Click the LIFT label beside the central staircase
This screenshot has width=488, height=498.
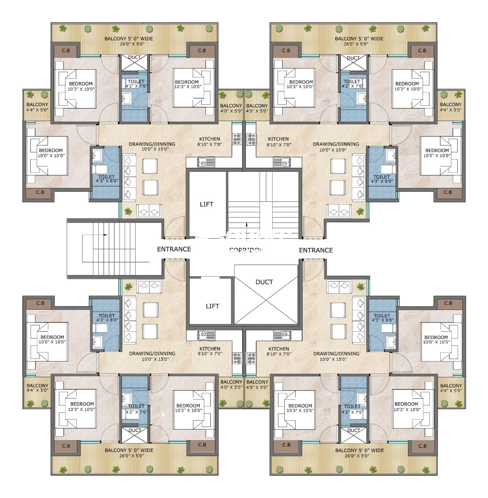coord(206,204)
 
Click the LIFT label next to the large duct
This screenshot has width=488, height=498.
coord(212,306)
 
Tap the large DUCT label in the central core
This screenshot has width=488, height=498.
coord(264,282)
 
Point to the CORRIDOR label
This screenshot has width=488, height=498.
coord(246,250)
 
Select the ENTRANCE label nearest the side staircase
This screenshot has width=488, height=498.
coord(174,249)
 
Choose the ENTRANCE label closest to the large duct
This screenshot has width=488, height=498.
coord(316,250)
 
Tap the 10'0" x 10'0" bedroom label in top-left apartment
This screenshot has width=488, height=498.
coord(51,153)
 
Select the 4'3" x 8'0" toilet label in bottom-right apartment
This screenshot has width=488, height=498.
coord(382,318)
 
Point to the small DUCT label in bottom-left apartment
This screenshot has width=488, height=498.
coord(135,430)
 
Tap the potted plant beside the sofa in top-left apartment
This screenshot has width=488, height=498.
coord(128,212)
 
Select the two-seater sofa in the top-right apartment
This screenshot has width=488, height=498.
coord(339,212)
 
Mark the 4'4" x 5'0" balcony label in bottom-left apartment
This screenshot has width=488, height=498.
coord(37,388)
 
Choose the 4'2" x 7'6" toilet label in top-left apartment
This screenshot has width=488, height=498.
coord(136,84)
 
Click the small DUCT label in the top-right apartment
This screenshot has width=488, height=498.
coord(353,58)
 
